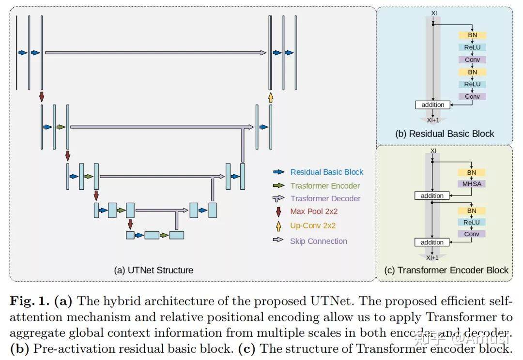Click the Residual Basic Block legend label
(x=326, y=172)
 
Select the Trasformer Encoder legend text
(x=325, y=186)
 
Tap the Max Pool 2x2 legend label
(x=314, y=211)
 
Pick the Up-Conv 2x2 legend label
(x=313, y=225)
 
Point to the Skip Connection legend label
(x=318, y=241)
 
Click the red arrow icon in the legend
(x=278, y=211)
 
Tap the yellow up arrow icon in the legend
(x=278, y=225)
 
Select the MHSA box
(x=472, y=184)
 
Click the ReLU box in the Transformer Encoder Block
(x=472, y=222)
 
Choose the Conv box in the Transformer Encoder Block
(x=472, y=234)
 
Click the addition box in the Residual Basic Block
(x=432, y=105)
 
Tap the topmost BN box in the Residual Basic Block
(x=472, y=35)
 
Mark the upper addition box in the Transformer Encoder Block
(x=432, y=195)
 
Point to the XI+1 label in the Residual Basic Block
(x=433, y=120)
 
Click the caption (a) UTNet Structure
(x=154, y=270)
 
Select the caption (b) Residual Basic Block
(x=445, y=134)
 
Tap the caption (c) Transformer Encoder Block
(x=446, y=270)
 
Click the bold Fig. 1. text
(x=30, y=301)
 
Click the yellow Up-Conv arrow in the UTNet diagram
(x=271, y=98)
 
